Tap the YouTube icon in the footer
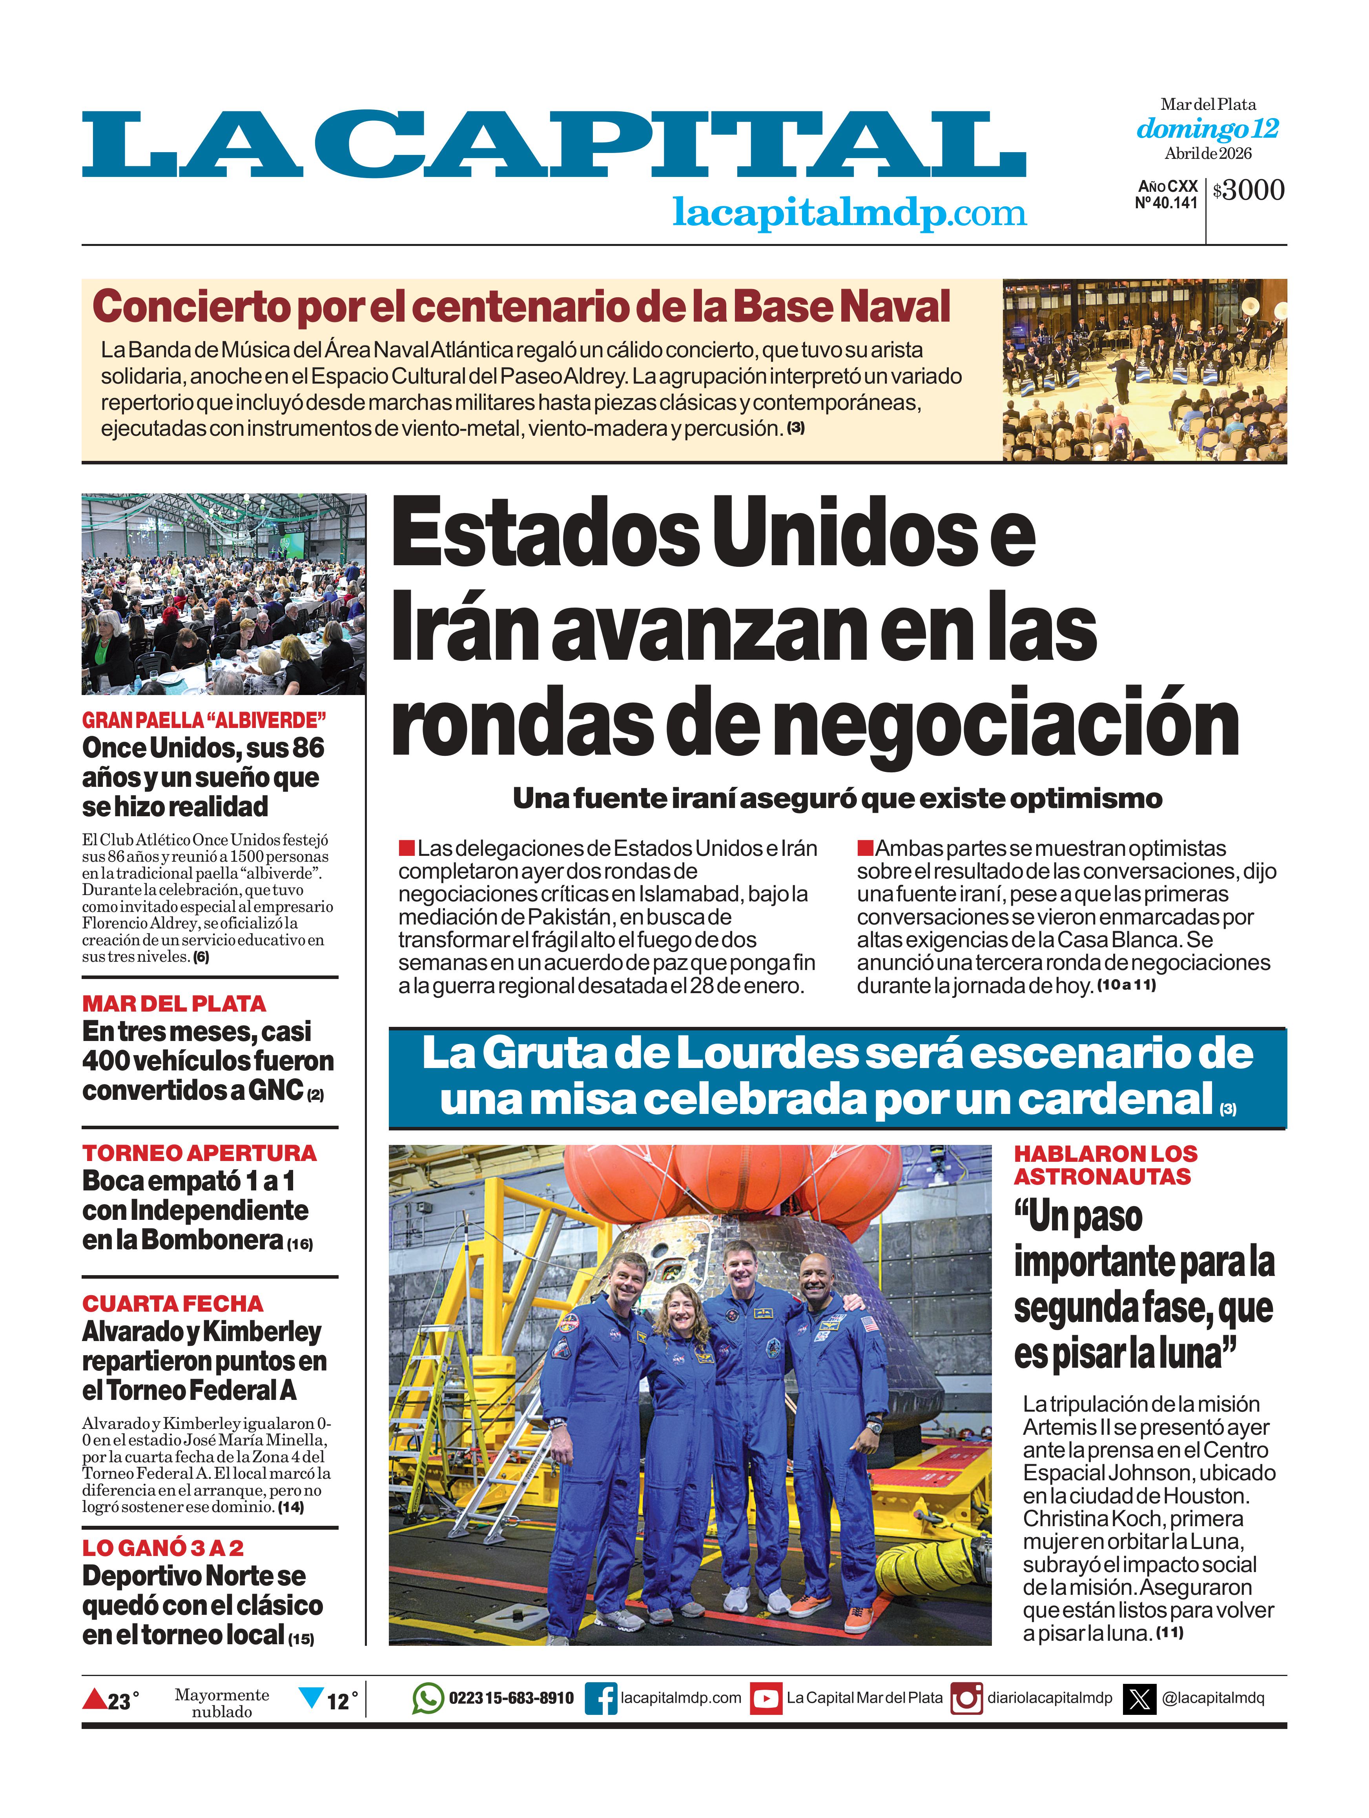click(x=766, y=1698)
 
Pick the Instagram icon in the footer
click(x=966, y=1698)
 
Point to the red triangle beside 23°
click(x=95, y=1698)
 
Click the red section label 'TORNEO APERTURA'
click(x=199, y=1153)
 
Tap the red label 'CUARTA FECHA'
click(x=173, y=1303)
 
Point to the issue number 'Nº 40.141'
click(x=1166, y=203)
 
